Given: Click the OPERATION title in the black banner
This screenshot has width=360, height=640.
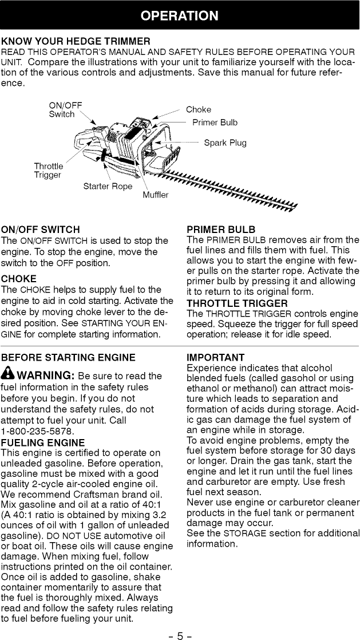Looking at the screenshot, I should pyautogui.click(x=180, y=15).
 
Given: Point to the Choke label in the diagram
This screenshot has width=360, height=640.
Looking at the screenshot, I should pyautogui.click(x=199, y=109).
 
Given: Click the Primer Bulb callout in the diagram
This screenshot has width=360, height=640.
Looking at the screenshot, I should pyautogui.click(x=215, y=123).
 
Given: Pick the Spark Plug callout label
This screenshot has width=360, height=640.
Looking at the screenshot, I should pyautogui.click(x=225, y=143).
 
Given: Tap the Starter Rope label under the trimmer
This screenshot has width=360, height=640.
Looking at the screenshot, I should pyautogui.click(x=108, y=186).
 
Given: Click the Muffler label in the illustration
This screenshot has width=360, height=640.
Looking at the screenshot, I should pyautogui.click(x=156, y=195).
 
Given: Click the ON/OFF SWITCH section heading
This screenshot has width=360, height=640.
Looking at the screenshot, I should pyautogui.click(x=41, y=230).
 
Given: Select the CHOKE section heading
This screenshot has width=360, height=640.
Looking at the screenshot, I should pyautogui.click(x=19, y=279).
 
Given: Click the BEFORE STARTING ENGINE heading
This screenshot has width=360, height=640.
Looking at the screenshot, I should pyautogui.click(x=68, y=358).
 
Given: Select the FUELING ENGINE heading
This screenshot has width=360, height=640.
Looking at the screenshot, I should pyautogui.click(x=43, y=443).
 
